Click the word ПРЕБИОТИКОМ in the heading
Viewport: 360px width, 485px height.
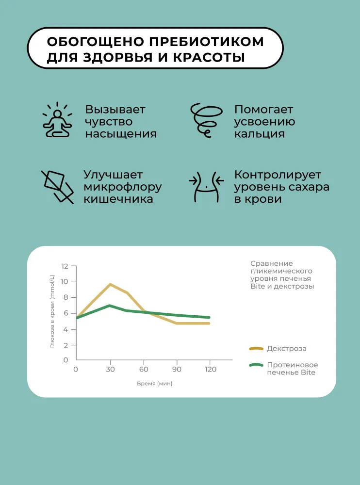[x=204, y=41]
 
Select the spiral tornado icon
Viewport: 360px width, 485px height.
[x=203, y=120]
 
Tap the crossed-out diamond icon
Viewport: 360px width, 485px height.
[x=57, y=186]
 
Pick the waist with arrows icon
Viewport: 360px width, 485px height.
[x=206, y=186]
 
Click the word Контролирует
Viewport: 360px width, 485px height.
[x=278, y=175]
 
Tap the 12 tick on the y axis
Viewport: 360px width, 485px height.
[x=65, y=266]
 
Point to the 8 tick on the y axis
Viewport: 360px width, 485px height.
[x=66, y=297]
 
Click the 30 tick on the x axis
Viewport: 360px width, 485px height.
[x=110, y=370]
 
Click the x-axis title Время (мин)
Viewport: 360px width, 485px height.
[x=154, y=383]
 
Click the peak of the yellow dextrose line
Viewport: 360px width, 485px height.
[x=110, y=284]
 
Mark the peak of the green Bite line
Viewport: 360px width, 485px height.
[x=110, y=306]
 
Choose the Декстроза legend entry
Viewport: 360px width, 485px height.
[x=286, y=348]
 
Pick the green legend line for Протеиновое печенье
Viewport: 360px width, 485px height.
[x=256, y=365]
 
